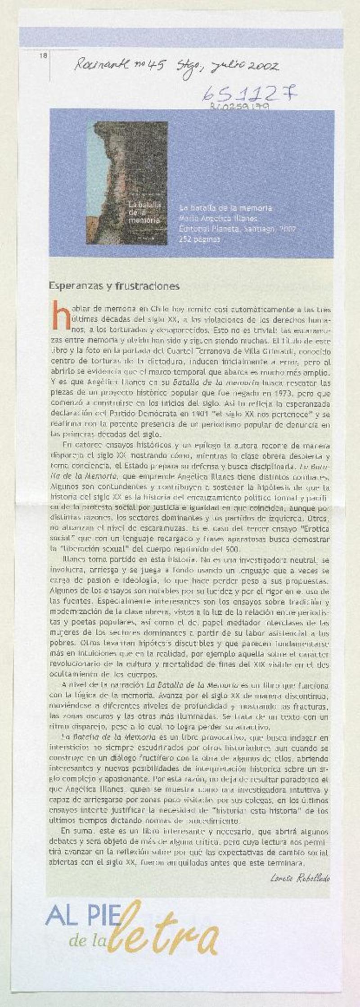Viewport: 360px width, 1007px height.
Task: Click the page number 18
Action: pos(44,56)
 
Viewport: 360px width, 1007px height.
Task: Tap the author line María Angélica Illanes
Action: pos(218,219)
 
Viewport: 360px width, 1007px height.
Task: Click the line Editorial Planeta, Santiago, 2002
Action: pos(237,229)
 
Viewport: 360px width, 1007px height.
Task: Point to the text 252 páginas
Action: pos(200,239)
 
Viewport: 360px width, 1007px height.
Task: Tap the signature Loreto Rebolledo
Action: pos(301,877)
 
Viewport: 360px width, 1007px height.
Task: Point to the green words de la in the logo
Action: pos(89,927)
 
